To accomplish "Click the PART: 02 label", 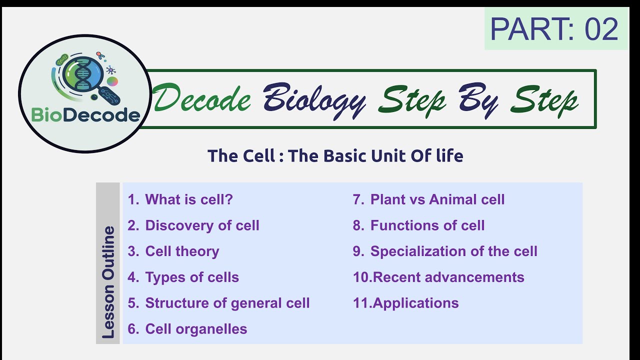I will pyautogui.click(x=554, y=29).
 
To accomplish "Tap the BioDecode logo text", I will pyautogui.click(x=85, y=115).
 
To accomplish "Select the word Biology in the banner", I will pyautogui.click(x=314, y=99).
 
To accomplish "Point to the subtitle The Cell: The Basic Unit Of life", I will pyautogui.click(x=335, y=156).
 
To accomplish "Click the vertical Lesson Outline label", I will pyautogui.click(x=108, y=282).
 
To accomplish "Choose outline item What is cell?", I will pyautogui.click(x=180, y=199).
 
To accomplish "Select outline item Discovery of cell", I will pyautogui.click(x=193, y=225).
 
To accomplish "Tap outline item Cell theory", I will pyautogui.click(x=173, y=251).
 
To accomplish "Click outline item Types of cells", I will pyautogui.click(x=183, y=277).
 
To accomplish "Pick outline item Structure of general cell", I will pyautogui.click(x=218, y=303).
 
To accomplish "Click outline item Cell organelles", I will pyautogui.click(x=187, y=329).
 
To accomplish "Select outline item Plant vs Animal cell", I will pyautogui.click(x=428, y=199).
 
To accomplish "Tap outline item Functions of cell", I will pyautogui.click(x=418, y=225).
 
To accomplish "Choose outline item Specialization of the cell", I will pyautogui.click(x=445, y=251).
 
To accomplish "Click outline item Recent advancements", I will pyautogui.click(x=438, y=277).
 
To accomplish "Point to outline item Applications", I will pyautogui.click(x=405, y=303).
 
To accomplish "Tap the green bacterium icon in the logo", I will pyautogui.click(x=62, y=60).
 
